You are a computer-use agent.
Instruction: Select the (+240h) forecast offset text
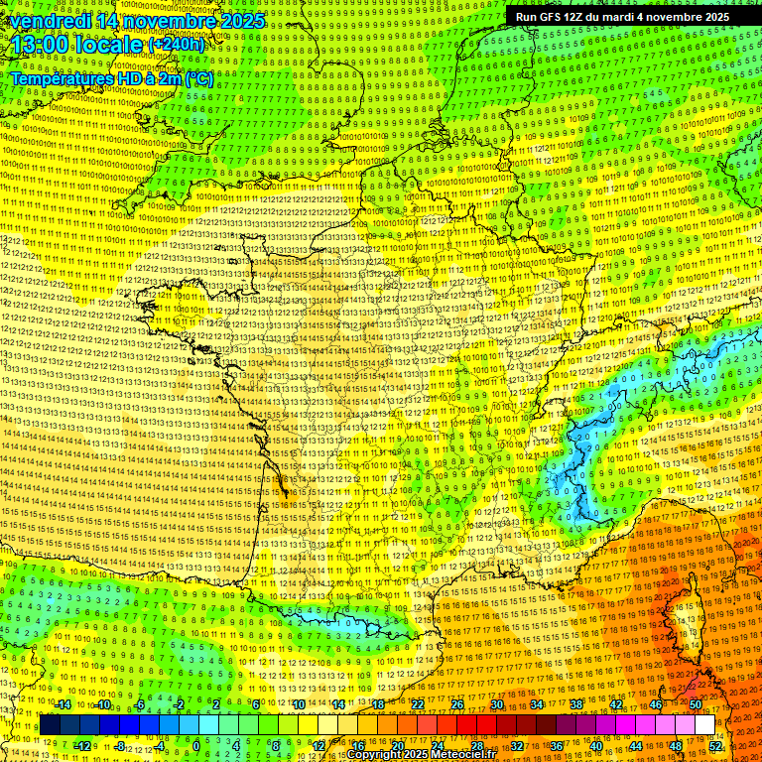click(x=178, y=45)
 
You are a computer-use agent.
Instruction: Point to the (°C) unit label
click(x=196, y=78)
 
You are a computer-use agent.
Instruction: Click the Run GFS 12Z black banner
click(x=622, y=17)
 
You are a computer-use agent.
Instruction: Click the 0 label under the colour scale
click(x=195, y=745)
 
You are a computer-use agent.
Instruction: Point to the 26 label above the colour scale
click(x=457, y=704)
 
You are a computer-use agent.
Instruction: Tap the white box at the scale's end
click(x=704, y=725)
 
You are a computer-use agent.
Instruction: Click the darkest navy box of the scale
click(x=50, y=725)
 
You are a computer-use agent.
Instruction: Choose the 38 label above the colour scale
click(x=576, y=704)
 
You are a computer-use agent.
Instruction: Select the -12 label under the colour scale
click(x=82, y=745)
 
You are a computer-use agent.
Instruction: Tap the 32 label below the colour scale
click(x=517, y=745)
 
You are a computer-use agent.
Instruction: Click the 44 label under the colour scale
click(x=636, y=745)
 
